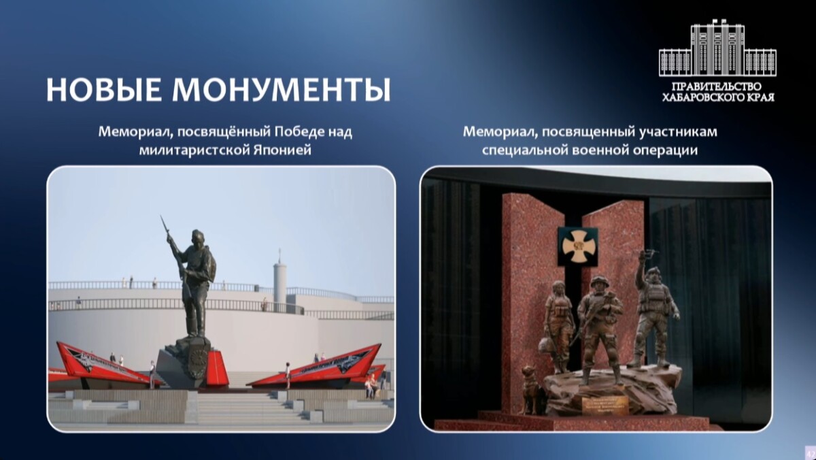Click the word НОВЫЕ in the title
[x=102, y=90]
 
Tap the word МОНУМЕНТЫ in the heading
[x=281, y=90]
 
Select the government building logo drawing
[x=717, y=49]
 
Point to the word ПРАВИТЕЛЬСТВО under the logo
[x=718, y=87]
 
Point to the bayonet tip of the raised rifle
[x=162, y=218]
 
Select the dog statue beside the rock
[x=528, y=388]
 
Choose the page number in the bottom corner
[x=809, y=453]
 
